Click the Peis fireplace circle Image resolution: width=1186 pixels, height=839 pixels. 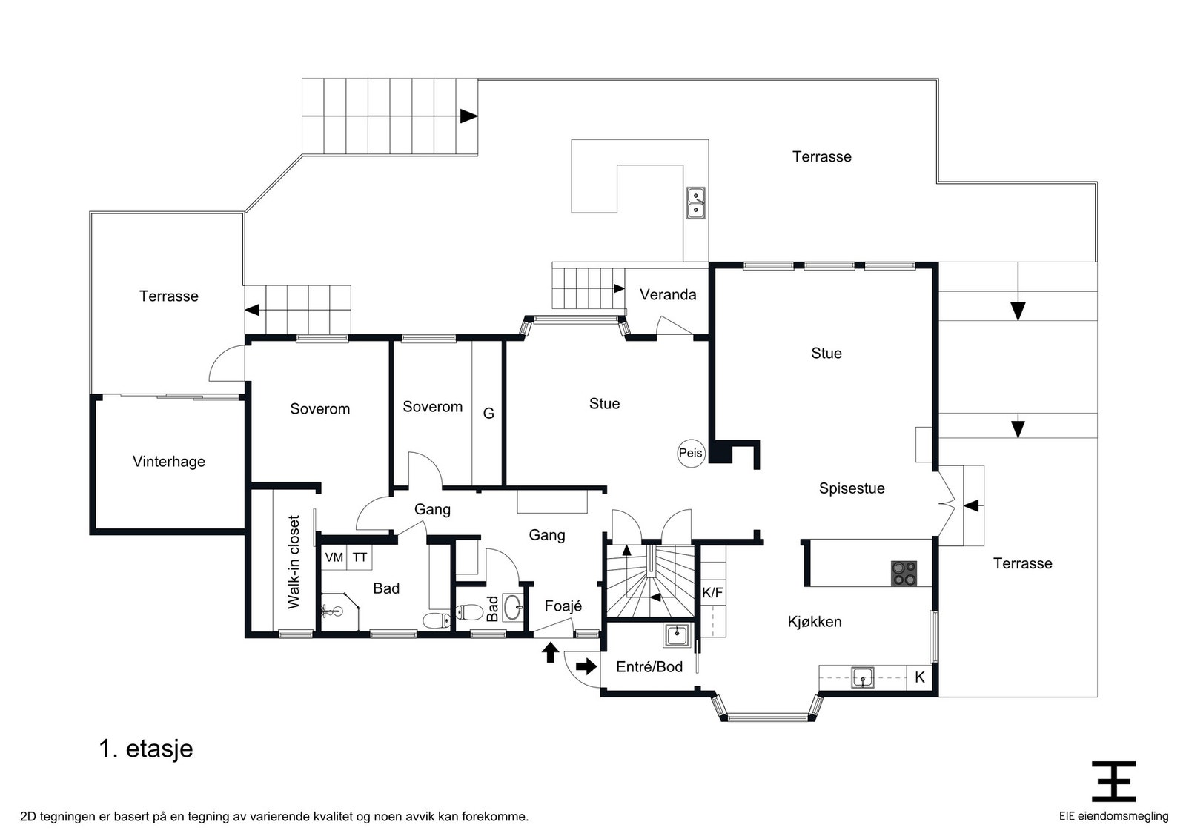point(691,453)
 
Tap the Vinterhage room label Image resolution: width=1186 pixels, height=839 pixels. point(169,462)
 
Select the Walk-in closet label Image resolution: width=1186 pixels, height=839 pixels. point(294,562)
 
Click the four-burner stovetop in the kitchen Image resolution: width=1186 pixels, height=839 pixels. point(904,573)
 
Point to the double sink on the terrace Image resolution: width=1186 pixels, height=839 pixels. point(696,203)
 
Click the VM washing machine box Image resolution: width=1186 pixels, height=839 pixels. point(334,557)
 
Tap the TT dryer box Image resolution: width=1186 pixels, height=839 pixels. point(360,557)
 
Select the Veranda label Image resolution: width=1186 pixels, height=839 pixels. point(668,295)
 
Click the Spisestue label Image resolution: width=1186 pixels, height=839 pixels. point(852,488)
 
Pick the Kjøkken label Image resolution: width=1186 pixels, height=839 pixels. point(815,622)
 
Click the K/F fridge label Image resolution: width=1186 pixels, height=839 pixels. point(712,593)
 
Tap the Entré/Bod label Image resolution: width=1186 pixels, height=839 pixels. point(649,667)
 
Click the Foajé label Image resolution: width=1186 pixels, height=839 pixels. point(563,606)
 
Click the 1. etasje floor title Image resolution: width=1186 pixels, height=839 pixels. point(146,749)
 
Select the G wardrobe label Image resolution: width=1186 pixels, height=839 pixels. point(488,414)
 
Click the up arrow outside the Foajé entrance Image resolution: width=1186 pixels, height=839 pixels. point(551,652)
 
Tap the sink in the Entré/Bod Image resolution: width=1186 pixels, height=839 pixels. point(678,635)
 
